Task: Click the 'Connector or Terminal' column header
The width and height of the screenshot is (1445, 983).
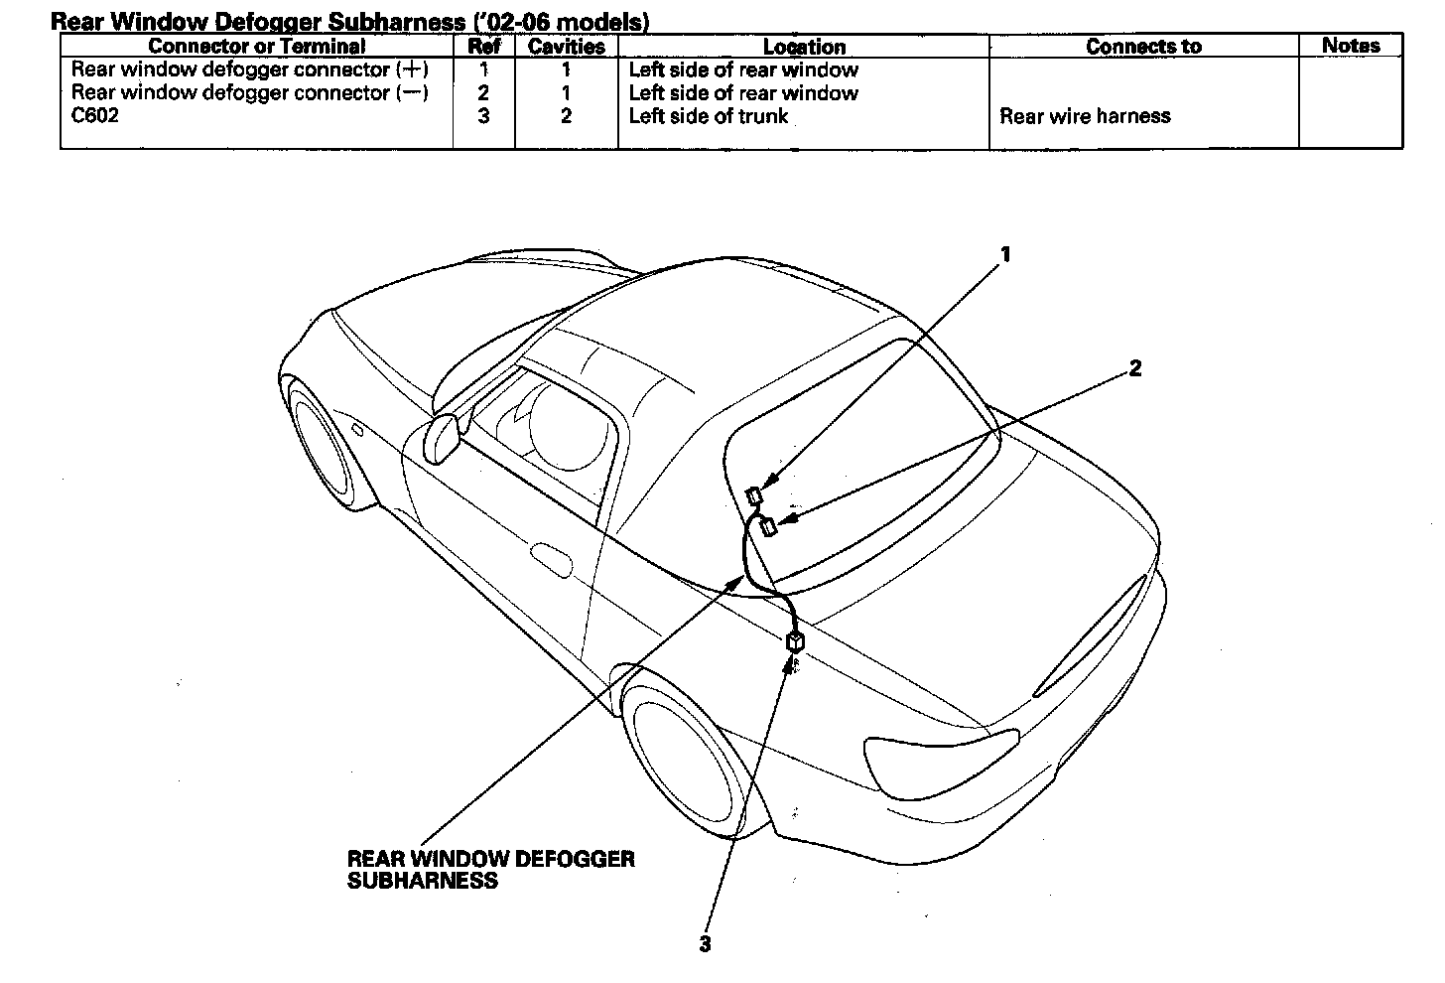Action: [x=256, y=46]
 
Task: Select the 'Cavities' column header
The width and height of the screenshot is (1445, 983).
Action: [x=566, y=46]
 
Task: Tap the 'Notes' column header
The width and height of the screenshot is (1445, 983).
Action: [x=1351, y=45]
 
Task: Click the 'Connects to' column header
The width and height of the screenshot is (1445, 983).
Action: [x=1143, y=46]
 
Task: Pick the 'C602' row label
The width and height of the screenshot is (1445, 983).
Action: [x=95, y=116]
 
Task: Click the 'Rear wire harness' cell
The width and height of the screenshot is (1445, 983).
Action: [x=1085, y=116]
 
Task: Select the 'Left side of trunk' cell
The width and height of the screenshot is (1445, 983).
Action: [x=708, y=116]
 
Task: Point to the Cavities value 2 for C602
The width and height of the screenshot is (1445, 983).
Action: [x=566, y=116]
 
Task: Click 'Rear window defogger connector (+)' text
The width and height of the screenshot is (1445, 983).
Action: [x=249, y=70]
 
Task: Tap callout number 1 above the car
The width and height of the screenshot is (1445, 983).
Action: [x=1005, y=254]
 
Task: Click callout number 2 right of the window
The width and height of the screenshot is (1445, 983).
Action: [x=1135, y=368]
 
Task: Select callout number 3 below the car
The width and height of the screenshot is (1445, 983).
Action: [x=705, y=944]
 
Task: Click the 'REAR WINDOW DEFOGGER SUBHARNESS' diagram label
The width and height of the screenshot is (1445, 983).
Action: [x=490, y=869]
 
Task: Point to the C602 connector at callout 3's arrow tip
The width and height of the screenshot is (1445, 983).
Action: [x=795, y=641]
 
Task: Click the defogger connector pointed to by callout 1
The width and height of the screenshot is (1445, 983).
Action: [x=755, y=494]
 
